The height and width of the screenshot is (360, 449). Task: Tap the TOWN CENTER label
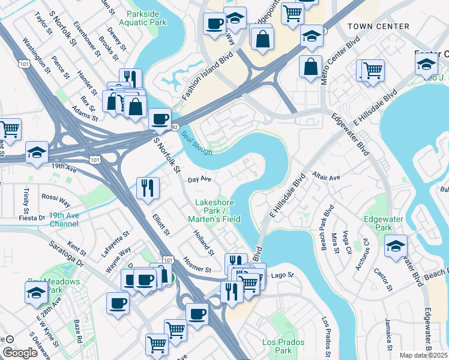click(x=378, y=27)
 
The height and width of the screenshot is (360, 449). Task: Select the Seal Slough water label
click(x=197, y=143)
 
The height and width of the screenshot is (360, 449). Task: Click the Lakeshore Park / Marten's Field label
click(x=217, y=211)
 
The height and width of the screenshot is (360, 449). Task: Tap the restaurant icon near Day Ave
click(x=146, y=188)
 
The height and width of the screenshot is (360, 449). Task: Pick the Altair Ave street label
click(x=326, y=178)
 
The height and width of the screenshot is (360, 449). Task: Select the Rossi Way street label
click(x=56, y=197)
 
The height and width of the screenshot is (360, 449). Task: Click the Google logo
click(x=20, y=353)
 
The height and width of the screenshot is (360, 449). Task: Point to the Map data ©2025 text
click(x=424, y=355)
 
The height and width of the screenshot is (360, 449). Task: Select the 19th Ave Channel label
click(x=64, y=220)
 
